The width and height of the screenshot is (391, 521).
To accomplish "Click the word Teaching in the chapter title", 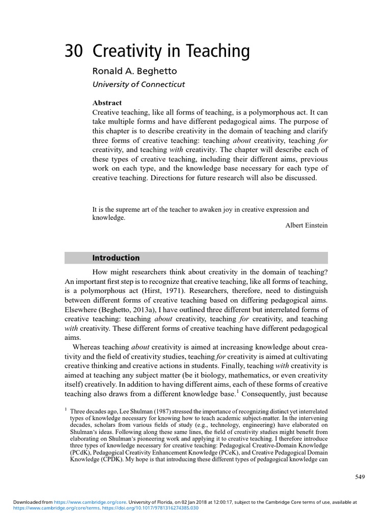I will point(219,52).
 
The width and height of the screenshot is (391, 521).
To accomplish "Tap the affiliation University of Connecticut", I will point(138,84).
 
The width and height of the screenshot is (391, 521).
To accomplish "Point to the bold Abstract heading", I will point(106,103).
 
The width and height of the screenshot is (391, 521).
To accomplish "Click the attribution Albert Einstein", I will point(306,225).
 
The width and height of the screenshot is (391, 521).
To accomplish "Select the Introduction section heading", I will point(116,258).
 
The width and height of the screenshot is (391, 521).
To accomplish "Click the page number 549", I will point(360,477).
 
